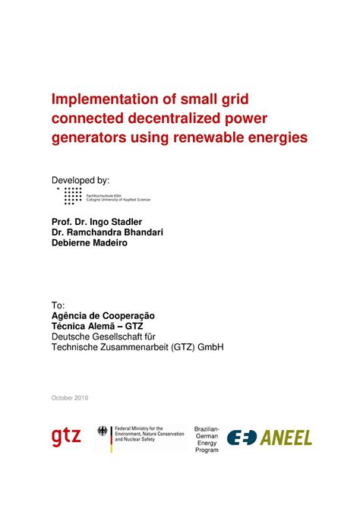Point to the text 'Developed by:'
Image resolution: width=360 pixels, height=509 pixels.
click(80, 180)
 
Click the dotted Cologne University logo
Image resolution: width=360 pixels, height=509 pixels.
click(73, 196)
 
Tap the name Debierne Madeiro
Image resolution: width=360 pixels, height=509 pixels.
click(90, 245)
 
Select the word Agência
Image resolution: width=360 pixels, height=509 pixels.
click(73, 315)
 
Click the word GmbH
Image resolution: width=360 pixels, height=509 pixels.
click(207, 347)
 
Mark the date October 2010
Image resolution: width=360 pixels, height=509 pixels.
click(70, 398)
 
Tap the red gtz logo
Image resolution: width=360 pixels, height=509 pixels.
click(66, 437)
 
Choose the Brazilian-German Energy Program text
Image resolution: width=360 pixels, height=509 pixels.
click(207, 439)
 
